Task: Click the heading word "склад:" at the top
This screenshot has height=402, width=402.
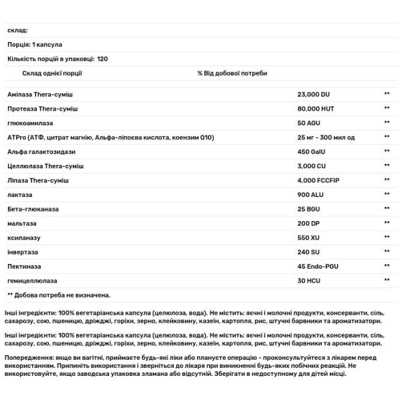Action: tap(17, 30)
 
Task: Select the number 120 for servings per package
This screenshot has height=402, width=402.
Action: tap(102, 59)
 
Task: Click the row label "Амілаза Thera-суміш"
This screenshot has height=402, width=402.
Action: tap(42, 94)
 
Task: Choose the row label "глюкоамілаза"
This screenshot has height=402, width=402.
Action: tap(29, 123)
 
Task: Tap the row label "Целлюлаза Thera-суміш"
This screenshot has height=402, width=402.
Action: tap(46, 165)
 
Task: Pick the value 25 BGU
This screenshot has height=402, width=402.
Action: tap(309, 209)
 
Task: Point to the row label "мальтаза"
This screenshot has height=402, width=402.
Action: tap(21, 223)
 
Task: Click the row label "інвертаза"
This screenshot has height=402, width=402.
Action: tap(23, 251)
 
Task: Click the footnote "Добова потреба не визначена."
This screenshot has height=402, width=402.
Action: tap(63, 294)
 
